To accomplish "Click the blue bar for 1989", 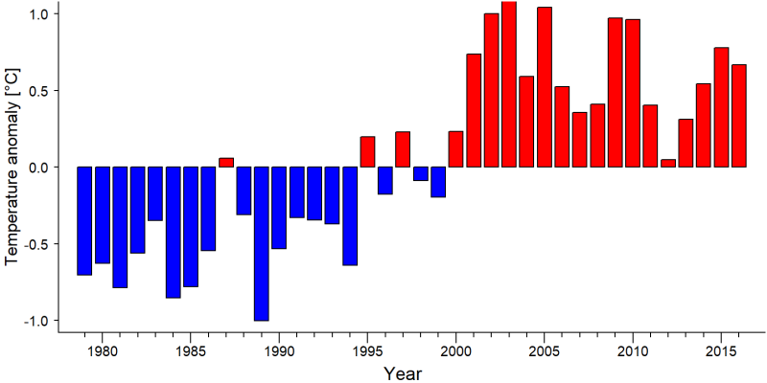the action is [x=261, y=244].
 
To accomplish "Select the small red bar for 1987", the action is [x=226, y=163].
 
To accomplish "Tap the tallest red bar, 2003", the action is [x=509, y=84].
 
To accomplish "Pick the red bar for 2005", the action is [x=545, y=87].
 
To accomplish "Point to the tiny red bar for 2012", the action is [x=668, y=163].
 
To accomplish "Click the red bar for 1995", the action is [x=367, y=152].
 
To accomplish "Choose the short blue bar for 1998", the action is [x=421, y=174].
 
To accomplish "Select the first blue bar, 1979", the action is [x=84, y=221].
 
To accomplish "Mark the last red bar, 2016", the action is [x=739, y=116].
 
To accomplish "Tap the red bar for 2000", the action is [x=456, y=149].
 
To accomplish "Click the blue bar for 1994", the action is [x=350, y=216].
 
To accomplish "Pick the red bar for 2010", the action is [x=633, y=93].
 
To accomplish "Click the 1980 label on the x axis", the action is [x=102, y=350].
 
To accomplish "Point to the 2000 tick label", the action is [x=456, y=350].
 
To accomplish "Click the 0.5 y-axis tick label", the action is [x=42, y=91].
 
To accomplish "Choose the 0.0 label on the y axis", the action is [x=42, y=167].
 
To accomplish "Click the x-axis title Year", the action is [x=402, y=373].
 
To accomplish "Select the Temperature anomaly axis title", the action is [x=12, y=166].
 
